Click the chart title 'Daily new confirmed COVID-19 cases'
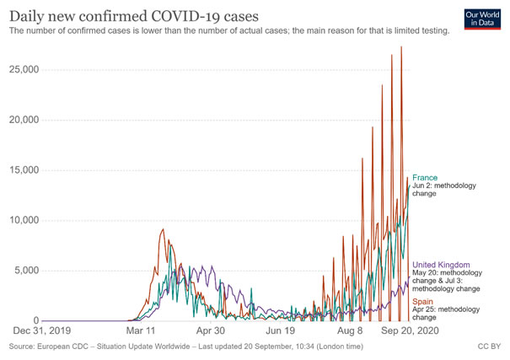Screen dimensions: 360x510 tap(145, 14)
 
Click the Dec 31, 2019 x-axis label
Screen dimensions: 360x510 tap(43, 331)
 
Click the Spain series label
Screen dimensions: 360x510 tap(424, 300)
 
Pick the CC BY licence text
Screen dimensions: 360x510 tap(490, 347)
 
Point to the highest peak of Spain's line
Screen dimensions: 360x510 tap(401, 47)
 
